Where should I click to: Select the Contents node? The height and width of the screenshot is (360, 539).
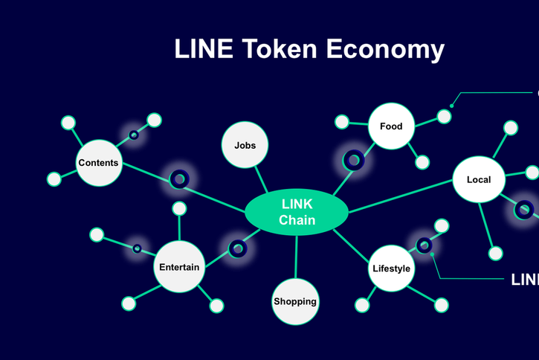click(98, 163)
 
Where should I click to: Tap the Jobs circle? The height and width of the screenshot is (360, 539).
click(245, 145)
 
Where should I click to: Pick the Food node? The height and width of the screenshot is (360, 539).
click(391, 126)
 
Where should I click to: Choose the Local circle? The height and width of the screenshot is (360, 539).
click(478, 179)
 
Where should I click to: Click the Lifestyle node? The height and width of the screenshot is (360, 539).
click(391, 268)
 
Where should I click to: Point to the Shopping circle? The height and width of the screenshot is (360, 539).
click(295, 301)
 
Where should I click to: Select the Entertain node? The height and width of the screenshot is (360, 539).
click(179, 266)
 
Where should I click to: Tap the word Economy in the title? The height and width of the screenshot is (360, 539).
click(386, 49)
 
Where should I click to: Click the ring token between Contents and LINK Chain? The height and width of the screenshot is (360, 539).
click(179, 179)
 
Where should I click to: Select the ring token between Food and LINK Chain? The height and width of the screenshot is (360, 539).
click(354, 159)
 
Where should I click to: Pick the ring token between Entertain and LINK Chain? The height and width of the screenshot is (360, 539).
click(238, 248)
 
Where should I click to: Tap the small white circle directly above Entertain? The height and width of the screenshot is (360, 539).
click(179, 209)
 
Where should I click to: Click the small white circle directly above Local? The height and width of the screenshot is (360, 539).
click(511, 127)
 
